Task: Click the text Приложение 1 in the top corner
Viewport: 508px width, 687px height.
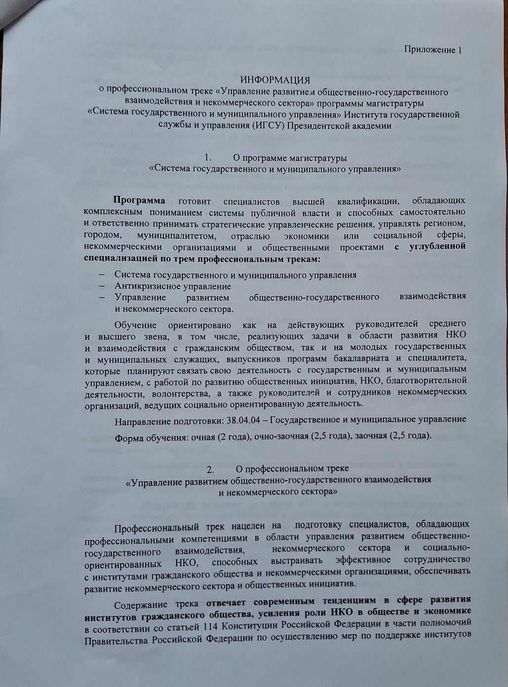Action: coord(432,49)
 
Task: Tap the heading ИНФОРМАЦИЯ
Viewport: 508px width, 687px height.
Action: coord(275,80)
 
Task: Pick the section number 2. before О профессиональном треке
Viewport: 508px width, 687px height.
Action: coord(210,468)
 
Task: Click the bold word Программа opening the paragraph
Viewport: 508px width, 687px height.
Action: coord(139,201)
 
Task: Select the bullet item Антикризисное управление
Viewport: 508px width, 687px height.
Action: coord(173,286)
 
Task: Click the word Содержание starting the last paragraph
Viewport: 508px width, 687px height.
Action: coord(144,604)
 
